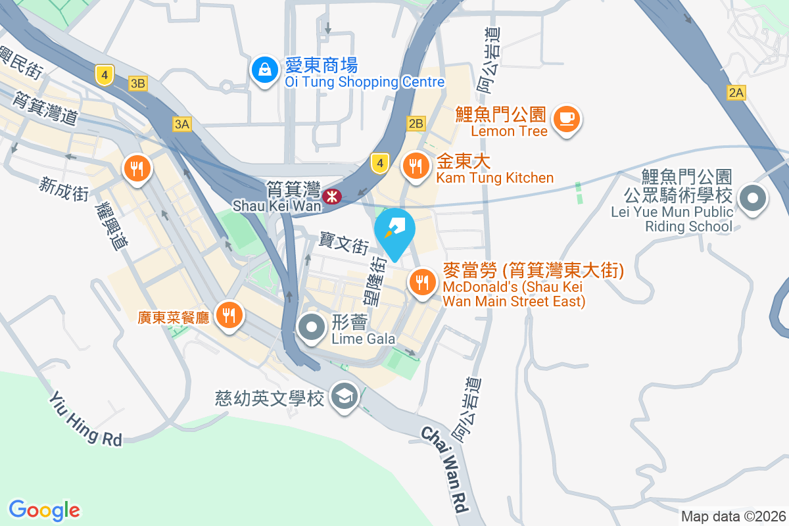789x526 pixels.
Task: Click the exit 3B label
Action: click(x=138, y=84)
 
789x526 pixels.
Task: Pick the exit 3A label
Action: click(x=182, y=124)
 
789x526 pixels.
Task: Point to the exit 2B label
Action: click(x=416, y=123)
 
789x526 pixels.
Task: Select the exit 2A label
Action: click(x=736, y=93)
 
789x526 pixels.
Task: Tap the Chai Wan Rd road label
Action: click(x=444, y=469)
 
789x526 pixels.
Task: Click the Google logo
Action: click(x=45, y=510)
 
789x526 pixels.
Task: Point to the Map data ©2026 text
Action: click(x=732, y=516)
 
